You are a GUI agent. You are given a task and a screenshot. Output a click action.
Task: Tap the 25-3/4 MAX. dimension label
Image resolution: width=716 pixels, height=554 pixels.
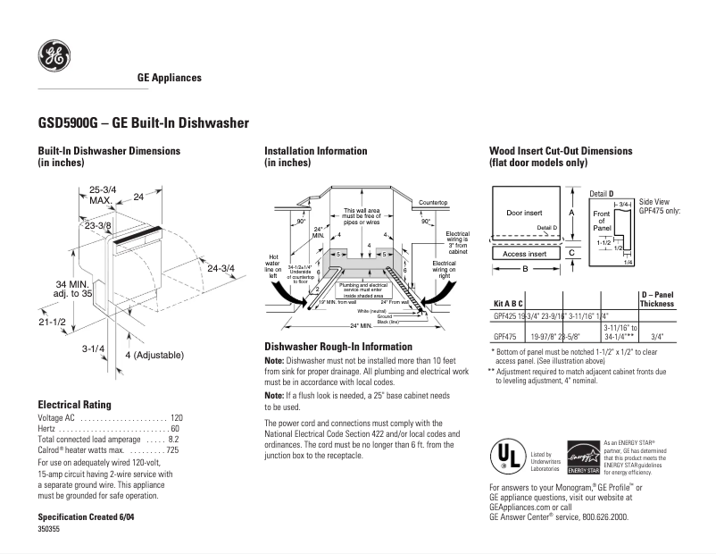pyautogui.click(x=103, y=195)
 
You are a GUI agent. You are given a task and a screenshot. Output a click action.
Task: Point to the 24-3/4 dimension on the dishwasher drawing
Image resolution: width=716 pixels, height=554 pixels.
pyautogui.click(x=221, y=268)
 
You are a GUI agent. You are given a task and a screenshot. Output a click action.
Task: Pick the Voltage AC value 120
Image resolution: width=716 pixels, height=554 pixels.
pyautogui.click(x=176, y=417)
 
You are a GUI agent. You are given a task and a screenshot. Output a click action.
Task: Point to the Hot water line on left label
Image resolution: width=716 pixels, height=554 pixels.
pyautogui.click(x=274, y=266)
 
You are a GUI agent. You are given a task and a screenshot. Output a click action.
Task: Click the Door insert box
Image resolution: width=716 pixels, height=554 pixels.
pyautogui.click(x=524, y=214)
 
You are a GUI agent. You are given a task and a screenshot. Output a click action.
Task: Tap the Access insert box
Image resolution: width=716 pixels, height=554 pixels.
pyautogui.click(x=524, y=253)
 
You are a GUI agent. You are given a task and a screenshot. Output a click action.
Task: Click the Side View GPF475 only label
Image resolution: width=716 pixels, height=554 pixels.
pyautogui.click(x=660, y=206)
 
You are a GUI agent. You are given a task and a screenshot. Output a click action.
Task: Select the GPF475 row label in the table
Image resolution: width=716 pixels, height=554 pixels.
pyautogui.click(x=506, y=337)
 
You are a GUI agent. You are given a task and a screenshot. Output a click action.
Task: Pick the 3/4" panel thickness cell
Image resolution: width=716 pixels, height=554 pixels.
pyautogui.click(x=657, y=337)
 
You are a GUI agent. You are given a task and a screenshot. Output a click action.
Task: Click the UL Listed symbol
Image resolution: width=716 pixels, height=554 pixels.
pyautogui.click(x=506, y=457)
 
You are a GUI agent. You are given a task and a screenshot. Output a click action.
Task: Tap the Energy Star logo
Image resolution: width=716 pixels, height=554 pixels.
pyautogui.click(x=582, y=457)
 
